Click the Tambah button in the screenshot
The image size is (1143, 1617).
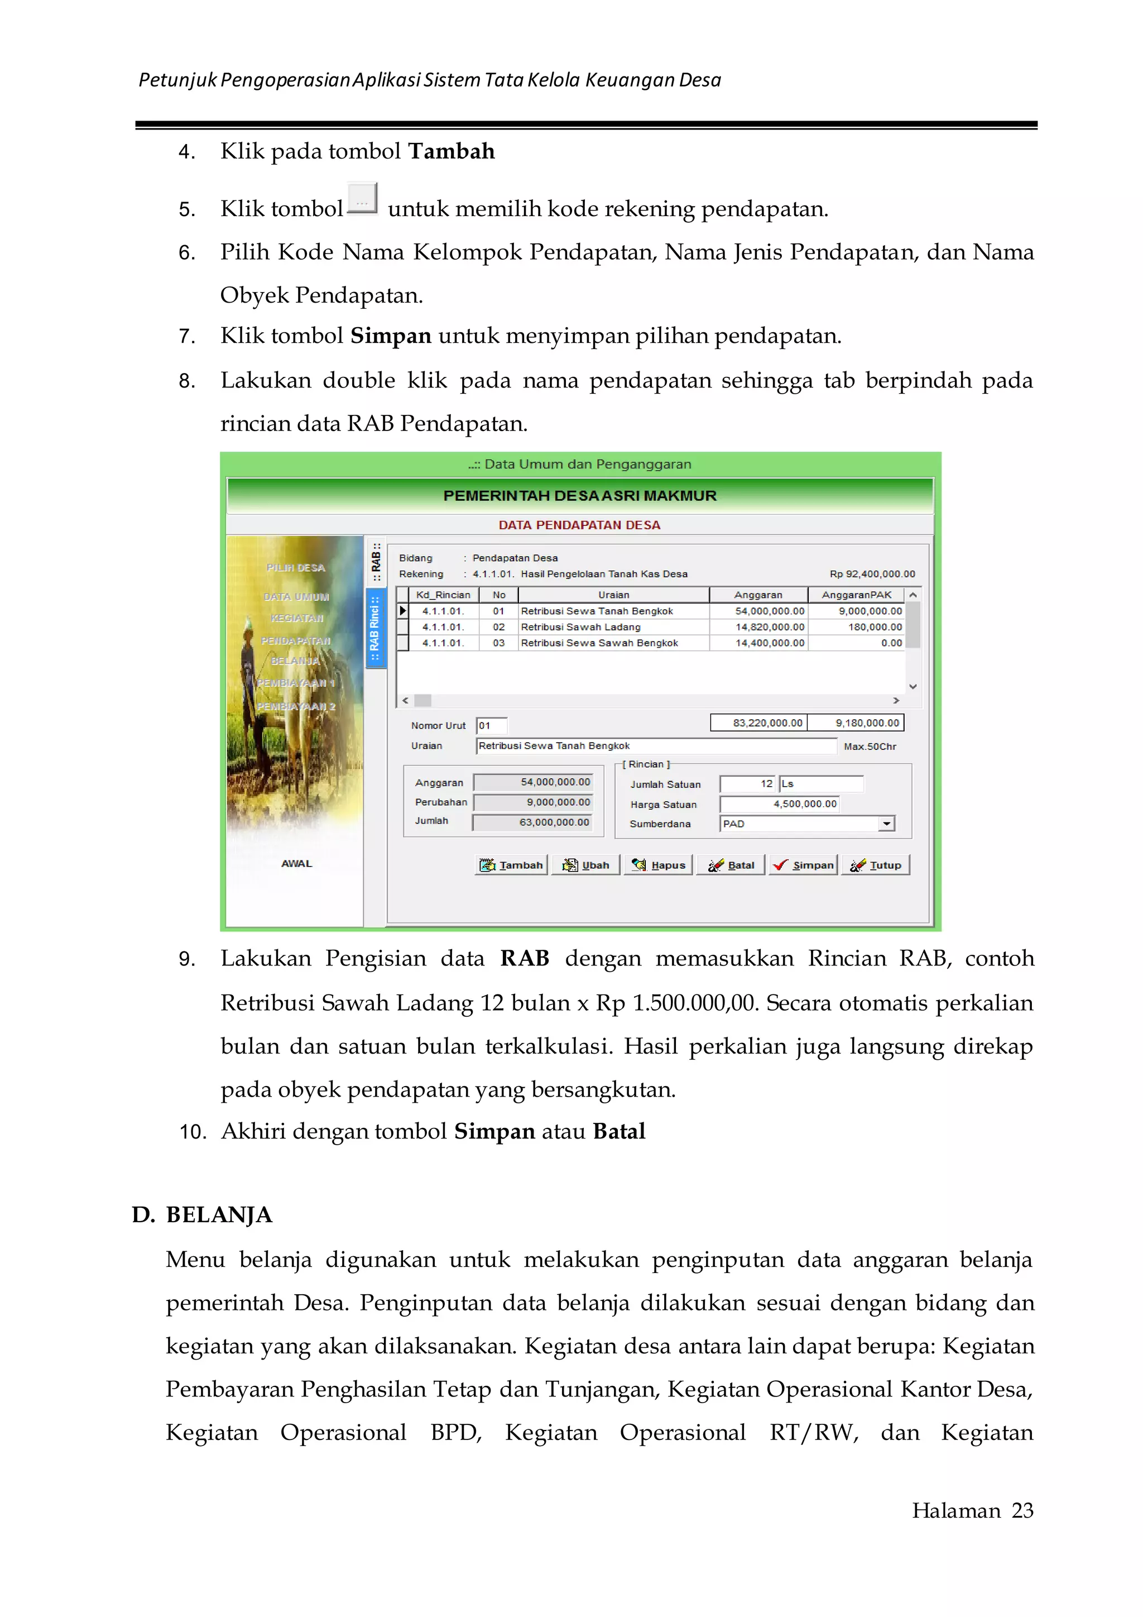(512, 865)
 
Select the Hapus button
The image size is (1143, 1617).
(658, 865)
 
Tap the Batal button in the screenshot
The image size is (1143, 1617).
(731, 865)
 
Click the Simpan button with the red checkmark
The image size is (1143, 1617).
(803, 865)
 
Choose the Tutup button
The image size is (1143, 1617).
(876, 865)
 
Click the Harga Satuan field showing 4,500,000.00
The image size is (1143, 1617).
(780, 803)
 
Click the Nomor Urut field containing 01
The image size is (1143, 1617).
(491, 725)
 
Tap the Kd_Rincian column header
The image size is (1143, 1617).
(443, 595)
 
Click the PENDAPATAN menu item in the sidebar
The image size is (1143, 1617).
(296, 641)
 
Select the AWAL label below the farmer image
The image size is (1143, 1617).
(296, 863)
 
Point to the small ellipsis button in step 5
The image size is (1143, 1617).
(362, 199)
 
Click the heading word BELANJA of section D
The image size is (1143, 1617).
(219, 1215)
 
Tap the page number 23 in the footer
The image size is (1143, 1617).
(1022, 1511)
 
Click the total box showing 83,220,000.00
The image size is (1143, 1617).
(758, 723)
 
